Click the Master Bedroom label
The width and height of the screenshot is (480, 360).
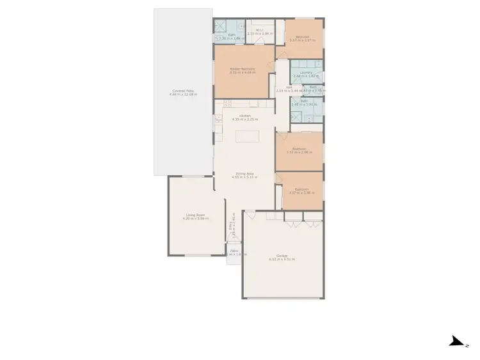pos(243,69)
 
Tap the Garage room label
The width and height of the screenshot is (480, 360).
pos(282,256)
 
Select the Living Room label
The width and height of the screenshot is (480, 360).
pos(195,215)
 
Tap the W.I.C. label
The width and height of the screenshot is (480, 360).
pos(260,30)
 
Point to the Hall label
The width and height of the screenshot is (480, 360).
pos(289,88)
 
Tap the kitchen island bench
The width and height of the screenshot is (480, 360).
pos(247,137)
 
